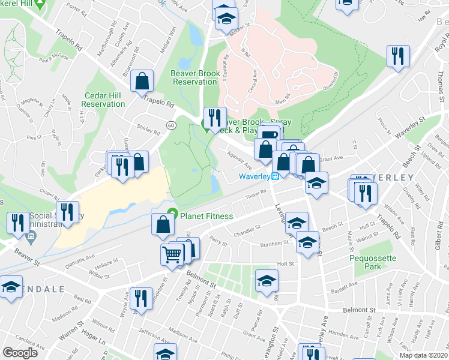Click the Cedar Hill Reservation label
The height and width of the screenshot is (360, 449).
tap(103, 100)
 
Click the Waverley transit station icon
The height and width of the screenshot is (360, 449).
tap(275, 176)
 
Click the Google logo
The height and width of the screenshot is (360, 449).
tap(20, 353)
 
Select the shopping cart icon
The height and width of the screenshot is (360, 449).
tap(172, 254)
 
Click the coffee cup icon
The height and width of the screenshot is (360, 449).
tap(270, 134)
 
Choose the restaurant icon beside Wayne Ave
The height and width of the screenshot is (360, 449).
tap(141, 298)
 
